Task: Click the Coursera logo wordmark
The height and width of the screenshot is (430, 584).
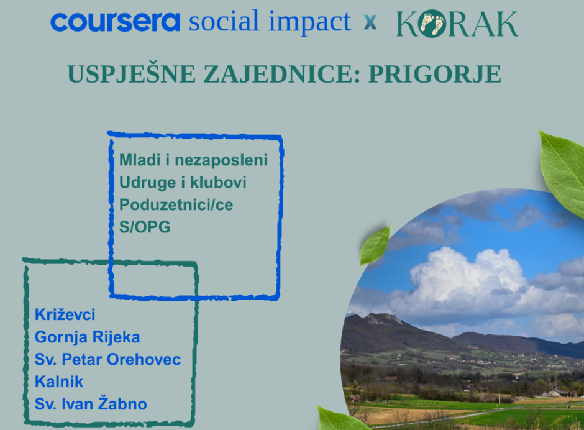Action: click(x=115, y=22)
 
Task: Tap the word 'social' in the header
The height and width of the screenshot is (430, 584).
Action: click(x=224, y=21)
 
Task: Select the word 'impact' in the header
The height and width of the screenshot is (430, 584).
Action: click(x=309, y=23)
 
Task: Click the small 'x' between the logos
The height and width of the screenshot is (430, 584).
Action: click(x=370, y=22)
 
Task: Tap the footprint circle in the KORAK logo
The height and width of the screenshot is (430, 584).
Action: click(x=432, y=24)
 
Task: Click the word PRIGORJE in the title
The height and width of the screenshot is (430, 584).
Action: click(x=435, y=74)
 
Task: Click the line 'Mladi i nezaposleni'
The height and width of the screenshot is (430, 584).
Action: click(x=193, y=160)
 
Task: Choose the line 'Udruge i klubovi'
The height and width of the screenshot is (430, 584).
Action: click(x=183, y=183)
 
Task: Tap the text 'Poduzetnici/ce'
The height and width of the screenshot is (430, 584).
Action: click(x=176, y=204)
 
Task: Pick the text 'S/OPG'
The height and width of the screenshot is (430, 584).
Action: click(x=145, y=227)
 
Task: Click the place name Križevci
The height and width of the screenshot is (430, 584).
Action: click(x=65, y=314)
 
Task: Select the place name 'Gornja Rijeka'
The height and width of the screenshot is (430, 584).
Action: click(x=87, y=337)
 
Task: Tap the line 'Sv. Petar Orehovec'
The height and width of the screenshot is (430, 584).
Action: click(x=107, y=359)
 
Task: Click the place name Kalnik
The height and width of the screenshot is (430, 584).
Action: click(x=59, y=382)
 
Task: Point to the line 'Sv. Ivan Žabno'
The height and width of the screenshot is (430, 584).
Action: click(x=91, y=403)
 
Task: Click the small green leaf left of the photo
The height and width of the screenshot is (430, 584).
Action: click(x=375, y=245)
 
